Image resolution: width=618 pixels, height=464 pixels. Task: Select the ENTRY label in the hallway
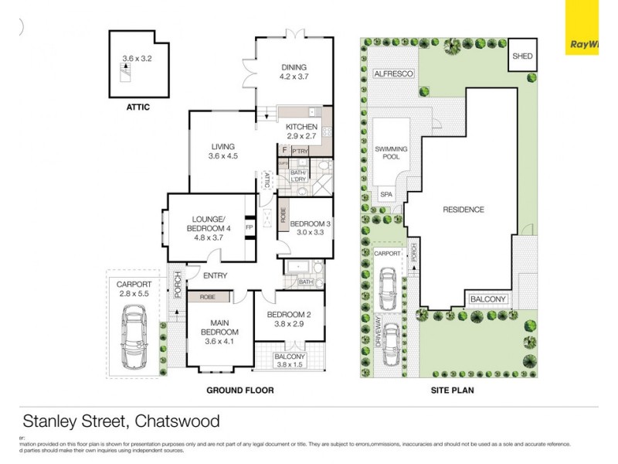coord(216,275)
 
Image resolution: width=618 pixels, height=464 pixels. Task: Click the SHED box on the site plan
coord(522,56)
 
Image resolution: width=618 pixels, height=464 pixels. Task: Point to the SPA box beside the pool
coord(385,195)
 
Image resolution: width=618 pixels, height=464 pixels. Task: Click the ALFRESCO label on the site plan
coord(394,73)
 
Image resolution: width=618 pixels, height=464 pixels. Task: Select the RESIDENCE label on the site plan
coord(463,210)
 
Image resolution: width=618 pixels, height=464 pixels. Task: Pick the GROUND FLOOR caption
coord(239,391)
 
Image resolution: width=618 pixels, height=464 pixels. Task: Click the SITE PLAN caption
coord(452,391)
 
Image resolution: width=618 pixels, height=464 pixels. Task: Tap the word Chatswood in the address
coord(178,421)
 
